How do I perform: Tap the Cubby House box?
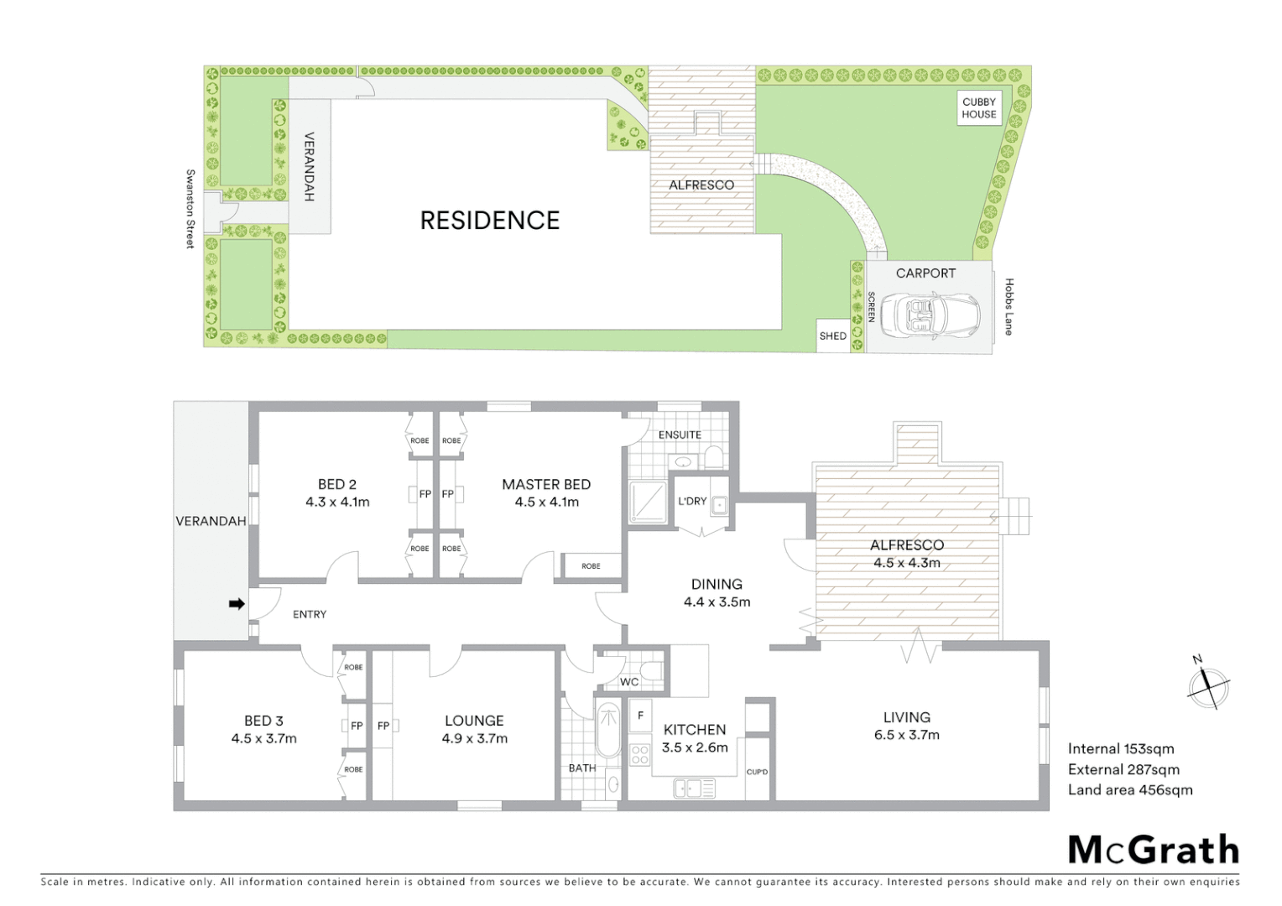coord(979,108)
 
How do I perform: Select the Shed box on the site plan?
coord(832,336)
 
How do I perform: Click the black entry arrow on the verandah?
coord(237,603)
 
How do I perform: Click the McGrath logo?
coord(1153,850)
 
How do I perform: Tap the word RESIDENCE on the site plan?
coord(489,221)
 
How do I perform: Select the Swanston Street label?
coord(190,209)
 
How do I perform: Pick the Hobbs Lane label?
coord(1008,307)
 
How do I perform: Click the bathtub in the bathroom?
coord(607,732)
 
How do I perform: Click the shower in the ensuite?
coord(649,502)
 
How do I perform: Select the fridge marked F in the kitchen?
coord(640,716)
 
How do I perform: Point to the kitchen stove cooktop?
coord(640,754)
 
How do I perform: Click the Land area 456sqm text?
coord(1129,789)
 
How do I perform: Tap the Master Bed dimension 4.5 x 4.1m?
coord(546,502)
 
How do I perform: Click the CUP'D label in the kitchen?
coord(757,772)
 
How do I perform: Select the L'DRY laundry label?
coord(692,502)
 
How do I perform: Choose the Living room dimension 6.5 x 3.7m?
coord(906,736)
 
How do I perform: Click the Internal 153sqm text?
coord(1120,749)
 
